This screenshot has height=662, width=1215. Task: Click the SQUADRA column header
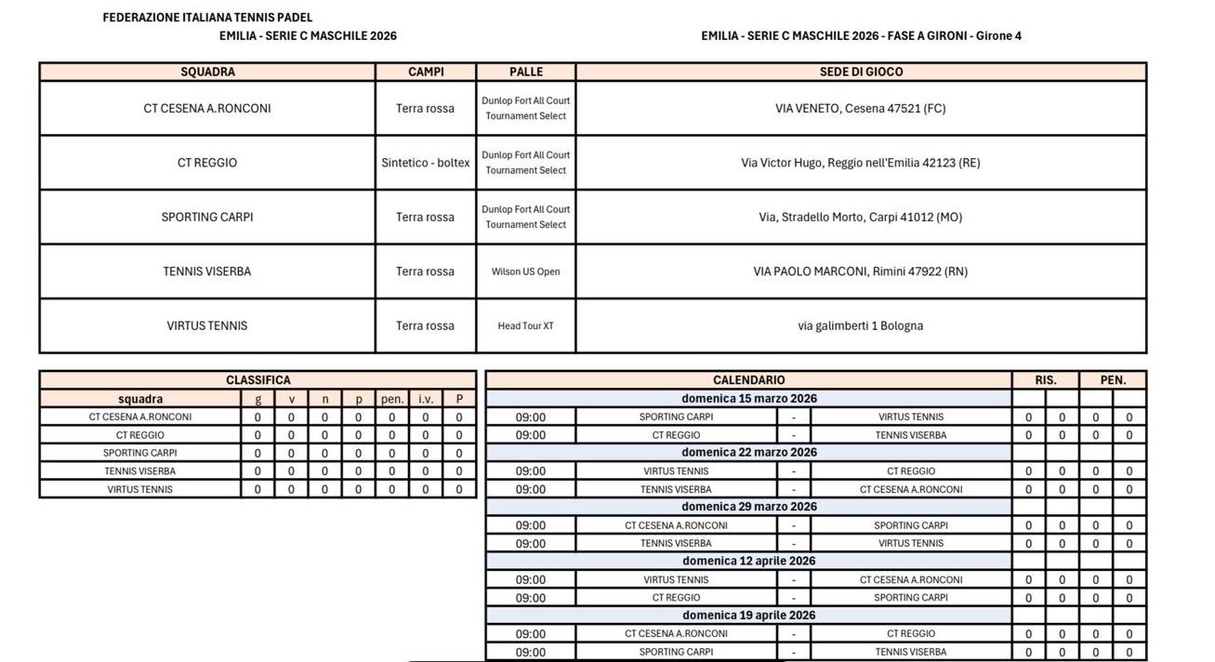point(207,72)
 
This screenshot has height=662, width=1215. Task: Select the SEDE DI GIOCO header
point(861,72)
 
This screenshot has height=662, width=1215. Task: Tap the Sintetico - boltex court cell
point(426,163)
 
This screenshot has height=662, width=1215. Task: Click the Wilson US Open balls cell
point(526,271)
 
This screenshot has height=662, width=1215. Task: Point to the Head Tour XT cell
point(526,326)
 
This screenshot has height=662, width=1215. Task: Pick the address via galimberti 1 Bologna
point(861,326)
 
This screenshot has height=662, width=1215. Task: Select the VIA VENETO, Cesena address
point(861,109)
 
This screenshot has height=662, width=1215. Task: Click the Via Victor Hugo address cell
point(861,163)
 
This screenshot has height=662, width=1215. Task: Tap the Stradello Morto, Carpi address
point(861,218)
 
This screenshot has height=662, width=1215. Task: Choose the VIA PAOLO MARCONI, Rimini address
point(861,271)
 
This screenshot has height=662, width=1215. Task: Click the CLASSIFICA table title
point(258,380)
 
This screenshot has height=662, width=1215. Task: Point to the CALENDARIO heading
point(748,380)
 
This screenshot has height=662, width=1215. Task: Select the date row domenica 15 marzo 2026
point(748,399)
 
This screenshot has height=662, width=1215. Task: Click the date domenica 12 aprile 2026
point(748,562)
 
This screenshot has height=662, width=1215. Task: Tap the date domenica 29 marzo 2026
point(748,507)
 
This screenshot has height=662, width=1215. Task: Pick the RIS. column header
point(1046,380)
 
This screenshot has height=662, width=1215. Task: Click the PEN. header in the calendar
point(1113,380)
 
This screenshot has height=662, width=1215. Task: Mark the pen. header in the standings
point(392,399)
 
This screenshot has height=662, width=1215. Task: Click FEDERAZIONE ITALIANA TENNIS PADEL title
point(207,18)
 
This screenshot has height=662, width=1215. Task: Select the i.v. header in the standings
point(426,399)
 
